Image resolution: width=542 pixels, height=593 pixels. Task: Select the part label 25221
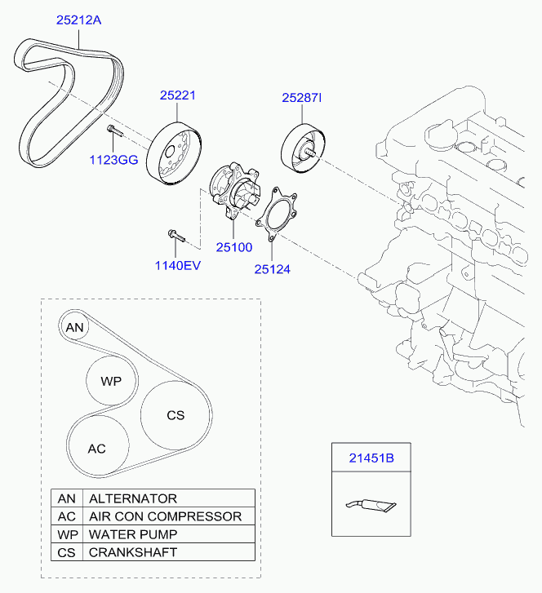177,95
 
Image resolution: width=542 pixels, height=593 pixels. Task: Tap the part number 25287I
302,98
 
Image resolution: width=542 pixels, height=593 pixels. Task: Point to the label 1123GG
113,160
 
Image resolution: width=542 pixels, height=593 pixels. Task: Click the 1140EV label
177,265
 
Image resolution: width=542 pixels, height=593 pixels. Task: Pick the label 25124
272,268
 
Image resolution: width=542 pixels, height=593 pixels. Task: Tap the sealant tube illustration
371,506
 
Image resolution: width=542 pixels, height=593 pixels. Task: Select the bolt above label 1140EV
176,237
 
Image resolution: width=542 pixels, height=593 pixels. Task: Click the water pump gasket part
277,215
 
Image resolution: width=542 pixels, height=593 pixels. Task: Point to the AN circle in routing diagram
74,328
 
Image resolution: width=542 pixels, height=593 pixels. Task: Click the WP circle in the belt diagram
110,381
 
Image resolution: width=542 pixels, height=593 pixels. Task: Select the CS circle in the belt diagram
175,415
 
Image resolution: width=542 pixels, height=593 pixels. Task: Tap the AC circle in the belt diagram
97,448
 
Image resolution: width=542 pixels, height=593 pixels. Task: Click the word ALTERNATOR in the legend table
132,498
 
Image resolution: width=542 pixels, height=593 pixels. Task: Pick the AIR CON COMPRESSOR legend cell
165,516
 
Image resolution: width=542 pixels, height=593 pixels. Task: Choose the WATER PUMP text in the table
132,534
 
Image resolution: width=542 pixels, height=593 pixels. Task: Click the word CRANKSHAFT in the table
132,552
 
